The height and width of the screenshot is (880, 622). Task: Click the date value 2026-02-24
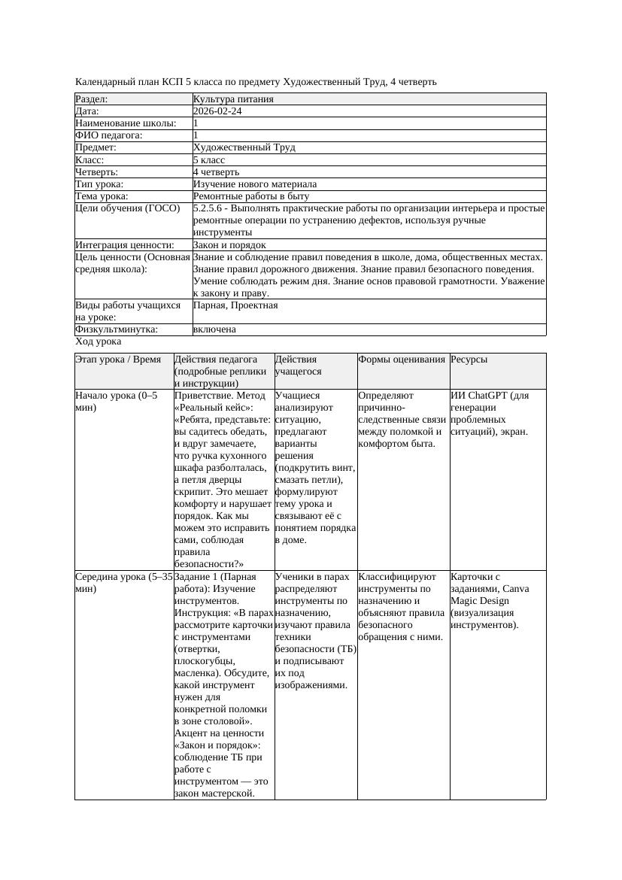click(217, 111)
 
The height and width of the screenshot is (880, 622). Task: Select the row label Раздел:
click(92, 99)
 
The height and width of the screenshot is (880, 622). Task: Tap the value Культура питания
click(233, 99)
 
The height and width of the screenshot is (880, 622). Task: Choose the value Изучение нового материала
click(255, 184)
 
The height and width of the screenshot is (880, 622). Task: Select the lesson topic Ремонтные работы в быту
click(251, 196)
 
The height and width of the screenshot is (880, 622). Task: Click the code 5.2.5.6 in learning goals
click(208, 208)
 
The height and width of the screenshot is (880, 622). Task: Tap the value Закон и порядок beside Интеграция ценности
click(229, 245)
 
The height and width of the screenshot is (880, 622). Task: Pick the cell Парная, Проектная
click(235, 305)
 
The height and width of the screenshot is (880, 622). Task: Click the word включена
click(214, 329)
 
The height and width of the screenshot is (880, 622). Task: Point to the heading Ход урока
click(99, 341)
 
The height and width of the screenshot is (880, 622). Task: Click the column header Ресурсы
click(469, 360)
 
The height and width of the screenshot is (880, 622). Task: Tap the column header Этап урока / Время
click(118, 360)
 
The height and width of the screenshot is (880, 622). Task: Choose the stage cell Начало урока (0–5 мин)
click(117, 401)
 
